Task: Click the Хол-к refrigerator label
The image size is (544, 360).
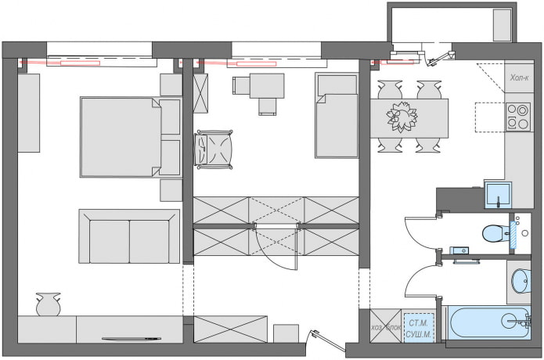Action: pos(519,78)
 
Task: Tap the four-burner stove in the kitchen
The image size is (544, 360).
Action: pos(518,117)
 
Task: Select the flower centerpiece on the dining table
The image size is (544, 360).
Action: pos(402,117)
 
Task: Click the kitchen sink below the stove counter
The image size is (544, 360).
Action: pos(497,194)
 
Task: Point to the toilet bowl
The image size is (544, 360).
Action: pos(492,232)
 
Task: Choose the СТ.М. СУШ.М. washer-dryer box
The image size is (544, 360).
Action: pos(417,327)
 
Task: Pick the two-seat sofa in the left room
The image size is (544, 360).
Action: pos(129,236)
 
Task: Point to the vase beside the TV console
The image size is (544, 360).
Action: pos(49,304)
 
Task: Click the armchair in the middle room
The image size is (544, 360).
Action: pos(214,149)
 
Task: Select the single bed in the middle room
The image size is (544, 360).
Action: pos(337,116)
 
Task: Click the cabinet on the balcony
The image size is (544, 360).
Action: pos(503,25)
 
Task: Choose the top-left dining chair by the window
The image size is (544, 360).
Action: pos(390,88)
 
